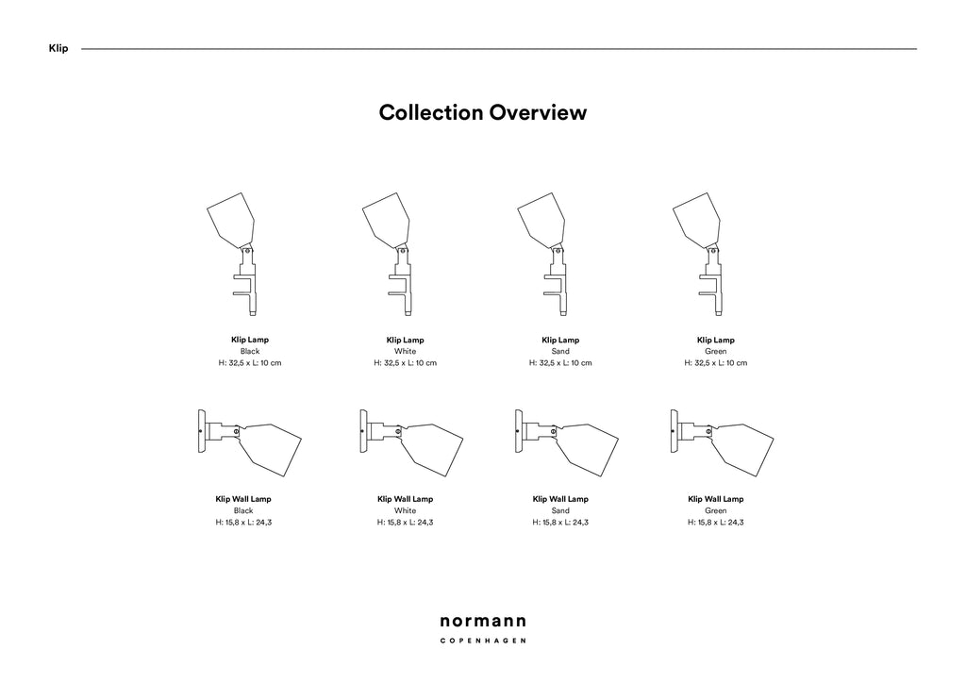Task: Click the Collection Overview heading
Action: pyautogui.click(x=482, y=112)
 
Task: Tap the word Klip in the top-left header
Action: pyautogui.click(x=58, y=49)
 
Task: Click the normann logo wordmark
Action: pyautogui.click(x=483, y=622)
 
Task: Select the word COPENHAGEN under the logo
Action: pyautogui.click(x=483, y=641)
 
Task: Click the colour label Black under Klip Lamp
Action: pyautogui.click(x=250, y=351)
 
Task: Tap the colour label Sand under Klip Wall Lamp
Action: pyautogui.click(x=560, y=510)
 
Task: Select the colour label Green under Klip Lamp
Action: pyautogui.click(x=716, y=351)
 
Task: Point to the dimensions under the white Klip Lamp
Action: pyautogui.click(x=406, y=363)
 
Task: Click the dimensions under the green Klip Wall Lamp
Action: pyautogui.click(x=716, y=523)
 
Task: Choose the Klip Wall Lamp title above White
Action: pyautogui.click(x=406, y=499)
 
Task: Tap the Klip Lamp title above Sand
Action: pyautogui.click(x=560, y=340)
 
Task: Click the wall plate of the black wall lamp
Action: pyautogui.click(x=202, y=431)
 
